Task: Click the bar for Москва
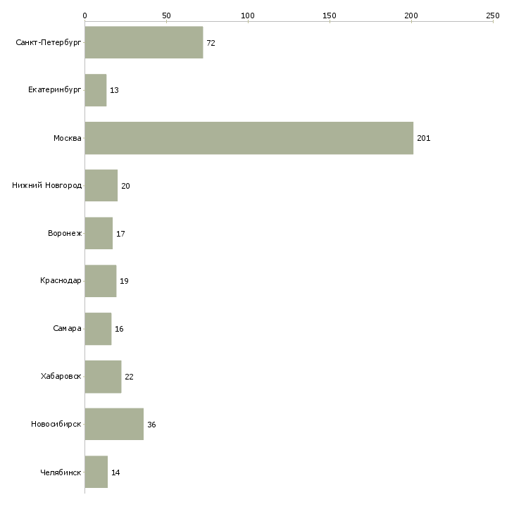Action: [249, 138]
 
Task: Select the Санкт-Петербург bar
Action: [144, 43]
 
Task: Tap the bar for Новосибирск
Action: [114, 424]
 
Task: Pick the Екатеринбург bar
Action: [96, 90]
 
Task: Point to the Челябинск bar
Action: [96, 472]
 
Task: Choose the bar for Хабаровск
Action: [104, 377]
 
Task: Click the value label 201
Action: [424, 138]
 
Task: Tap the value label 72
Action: [211, 43]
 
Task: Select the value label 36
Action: [151, 425]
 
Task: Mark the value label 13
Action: [114, 90]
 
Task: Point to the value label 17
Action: [120, 234]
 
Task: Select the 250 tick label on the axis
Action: [493, 15]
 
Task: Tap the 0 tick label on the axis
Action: [85, 15]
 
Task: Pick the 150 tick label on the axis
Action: [330, 15]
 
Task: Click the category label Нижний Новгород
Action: [47, 186]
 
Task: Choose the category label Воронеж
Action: [65, 233]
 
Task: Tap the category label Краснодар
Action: [61, 281]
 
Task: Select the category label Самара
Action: [67, 328]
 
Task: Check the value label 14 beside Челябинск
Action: [115, 472]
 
